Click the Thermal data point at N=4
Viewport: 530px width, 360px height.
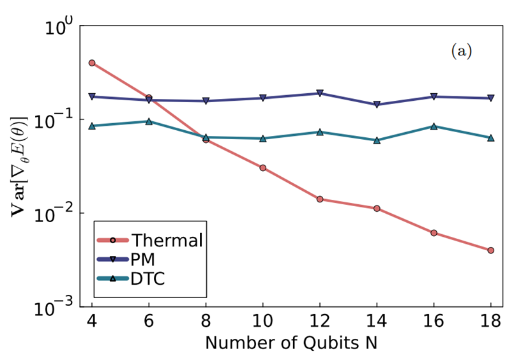91,63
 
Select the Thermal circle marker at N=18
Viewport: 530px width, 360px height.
491,250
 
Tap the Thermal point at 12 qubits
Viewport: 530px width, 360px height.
320,199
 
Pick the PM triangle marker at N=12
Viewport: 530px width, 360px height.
320,93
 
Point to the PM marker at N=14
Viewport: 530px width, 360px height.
377,104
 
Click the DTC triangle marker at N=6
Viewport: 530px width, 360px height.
149,121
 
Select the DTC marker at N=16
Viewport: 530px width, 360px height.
434,126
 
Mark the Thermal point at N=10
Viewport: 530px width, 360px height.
262,168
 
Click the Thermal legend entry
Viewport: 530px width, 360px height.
149,241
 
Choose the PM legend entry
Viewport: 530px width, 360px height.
126,260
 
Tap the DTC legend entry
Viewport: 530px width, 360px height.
131,279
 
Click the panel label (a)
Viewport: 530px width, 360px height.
462,51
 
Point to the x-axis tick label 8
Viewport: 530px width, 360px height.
206,320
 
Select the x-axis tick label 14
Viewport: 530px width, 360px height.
376,320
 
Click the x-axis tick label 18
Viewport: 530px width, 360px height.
490,320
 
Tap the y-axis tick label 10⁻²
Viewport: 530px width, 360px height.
54,213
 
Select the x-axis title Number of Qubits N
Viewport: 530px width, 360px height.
291,343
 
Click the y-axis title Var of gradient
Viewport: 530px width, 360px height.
20,167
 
